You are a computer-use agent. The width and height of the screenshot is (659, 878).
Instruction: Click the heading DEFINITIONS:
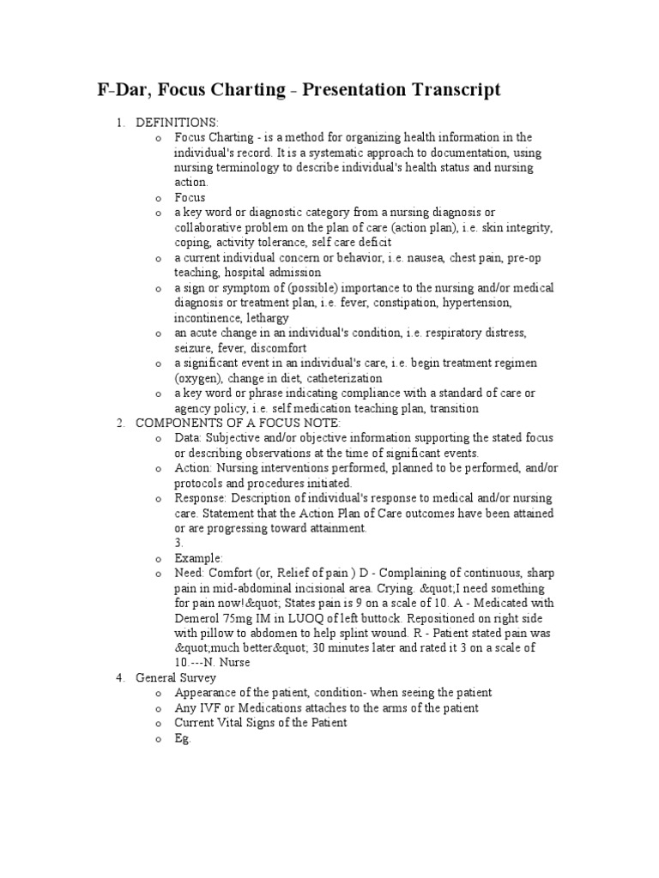pyautogui.click(x=177, y=123)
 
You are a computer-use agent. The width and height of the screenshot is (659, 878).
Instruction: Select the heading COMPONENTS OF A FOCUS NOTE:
pyautogui.click(x=238, y=423)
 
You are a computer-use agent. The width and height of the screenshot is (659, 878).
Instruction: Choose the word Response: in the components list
pyautogui.click(x=201, y=498)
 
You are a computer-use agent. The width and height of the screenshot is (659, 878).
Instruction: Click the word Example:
pyautogui.click(x=198, y=557)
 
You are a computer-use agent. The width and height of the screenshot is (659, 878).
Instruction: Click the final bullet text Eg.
pyautogui.click(x=182, y=737)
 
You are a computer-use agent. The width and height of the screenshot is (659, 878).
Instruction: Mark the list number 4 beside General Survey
pyautogui.click(x=120, y=677)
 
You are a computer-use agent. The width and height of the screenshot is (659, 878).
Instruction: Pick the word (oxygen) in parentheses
pyautogui.click(x=200, y=378)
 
